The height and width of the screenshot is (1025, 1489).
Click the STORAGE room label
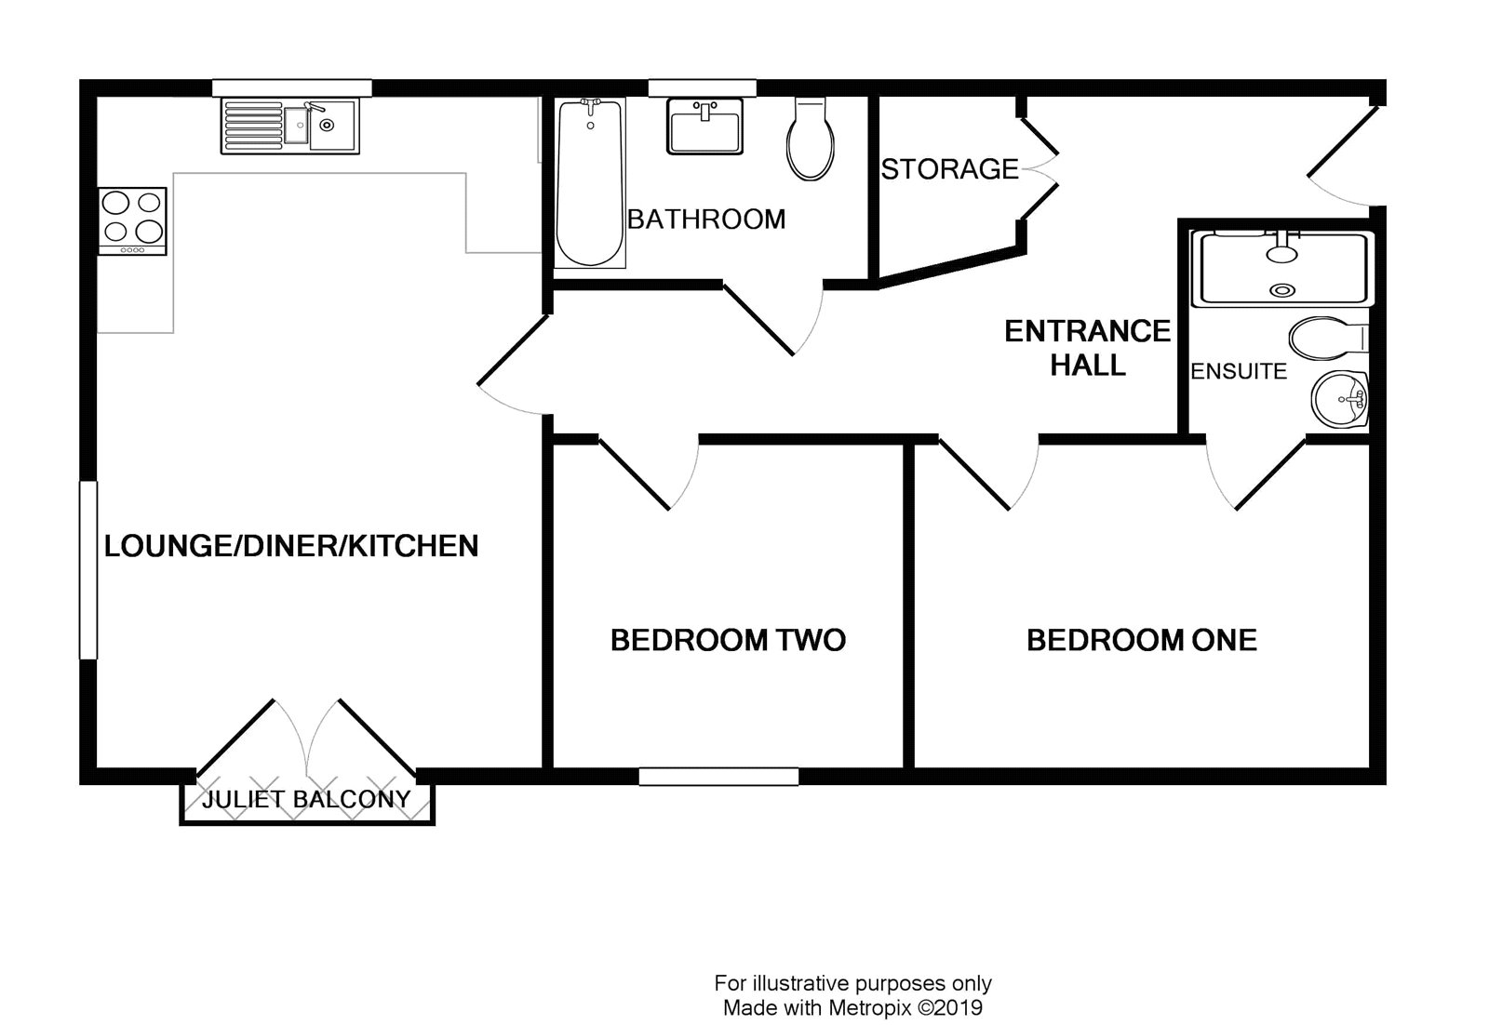[x=949, y=169]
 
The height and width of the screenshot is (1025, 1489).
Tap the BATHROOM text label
[x=706, y=220]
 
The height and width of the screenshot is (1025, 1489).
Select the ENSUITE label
[x=1239, y=371]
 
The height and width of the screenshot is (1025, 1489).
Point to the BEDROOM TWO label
[x=728, y=640]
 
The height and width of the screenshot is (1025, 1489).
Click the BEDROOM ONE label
[x=1141, y=640]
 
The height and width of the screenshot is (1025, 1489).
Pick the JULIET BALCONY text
[x=306, y=799]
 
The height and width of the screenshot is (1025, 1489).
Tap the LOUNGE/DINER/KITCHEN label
[x=291, y=546]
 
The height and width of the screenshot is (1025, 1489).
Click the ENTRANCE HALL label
[x=1087, y=348]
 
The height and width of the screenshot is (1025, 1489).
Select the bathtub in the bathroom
[x=589, y=182]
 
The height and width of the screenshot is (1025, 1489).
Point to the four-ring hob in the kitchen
[x=132, y=220]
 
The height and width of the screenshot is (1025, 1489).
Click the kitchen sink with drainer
[x=289, y=126]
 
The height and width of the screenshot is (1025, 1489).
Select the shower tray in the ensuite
[x=1283, y=269]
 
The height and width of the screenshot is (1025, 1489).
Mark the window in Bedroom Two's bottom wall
[x=718, y=777]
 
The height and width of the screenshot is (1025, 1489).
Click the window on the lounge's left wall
[x=88, y=569]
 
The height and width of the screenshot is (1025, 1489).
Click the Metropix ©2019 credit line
[x=852, y=1007]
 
